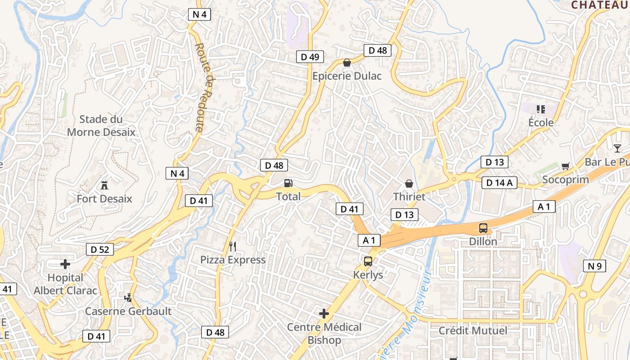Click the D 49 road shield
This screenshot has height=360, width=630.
click(310, 57)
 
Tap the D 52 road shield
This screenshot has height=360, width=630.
click(100, 249)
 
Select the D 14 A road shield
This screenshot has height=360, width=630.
click(499, 182)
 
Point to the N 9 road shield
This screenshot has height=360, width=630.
click(594, 266)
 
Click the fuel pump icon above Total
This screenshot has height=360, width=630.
click(288, 183)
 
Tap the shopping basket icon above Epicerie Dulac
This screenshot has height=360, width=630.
click(347, 62)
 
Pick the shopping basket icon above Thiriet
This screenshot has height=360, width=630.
click(409, 183)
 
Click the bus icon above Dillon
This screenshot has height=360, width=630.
click(483, 228)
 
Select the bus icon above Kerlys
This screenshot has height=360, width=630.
click(368, 261)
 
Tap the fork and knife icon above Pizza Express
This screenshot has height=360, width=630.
click(233, 246)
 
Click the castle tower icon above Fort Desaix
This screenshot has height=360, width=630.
click(104, 184)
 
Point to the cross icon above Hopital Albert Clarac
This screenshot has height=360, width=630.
click(65, 264)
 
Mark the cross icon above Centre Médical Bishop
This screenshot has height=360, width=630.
click(324, 314)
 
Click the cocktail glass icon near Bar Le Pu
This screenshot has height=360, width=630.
click(617, 148)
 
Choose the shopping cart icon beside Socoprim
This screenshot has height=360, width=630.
click(566, 166)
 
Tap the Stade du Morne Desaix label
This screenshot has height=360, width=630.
click(101, 126)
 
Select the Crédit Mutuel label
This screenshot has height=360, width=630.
click(473, 331)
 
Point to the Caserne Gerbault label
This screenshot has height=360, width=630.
click(128, 311)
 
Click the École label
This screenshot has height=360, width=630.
click(541, 122)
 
